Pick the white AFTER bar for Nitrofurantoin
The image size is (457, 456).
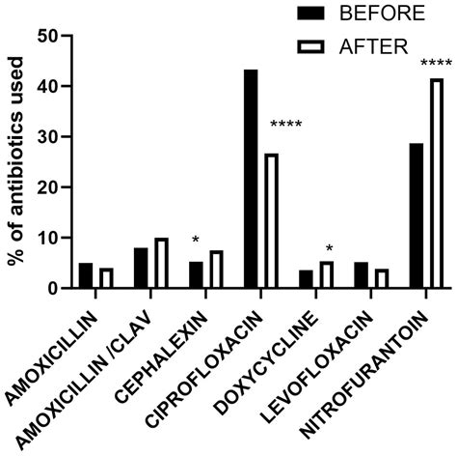pyautogui.click(x=437, y=184)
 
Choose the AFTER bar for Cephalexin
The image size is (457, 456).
pyautogui.click(x=217, y=270)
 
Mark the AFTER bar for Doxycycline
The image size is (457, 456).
pyautogui.click(x=327, y=275)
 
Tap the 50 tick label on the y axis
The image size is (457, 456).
pyautogui.click(x=46, y=36)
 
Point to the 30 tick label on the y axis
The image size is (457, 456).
pyautogui.click(x=46, y=136)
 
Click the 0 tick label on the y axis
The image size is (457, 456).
pyautogui.click(x=52, y=288)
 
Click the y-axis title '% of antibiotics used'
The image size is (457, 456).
pyautogui.click(x=14, y=161)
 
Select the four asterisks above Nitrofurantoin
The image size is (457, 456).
pyautogui.click(x=436, y=64)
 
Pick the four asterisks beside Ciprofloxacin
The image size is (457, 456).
pyautogui.click(x=286, y=125)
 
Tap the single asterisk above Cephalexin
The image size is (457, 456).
pyautogui.click(x=196, y=239)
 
